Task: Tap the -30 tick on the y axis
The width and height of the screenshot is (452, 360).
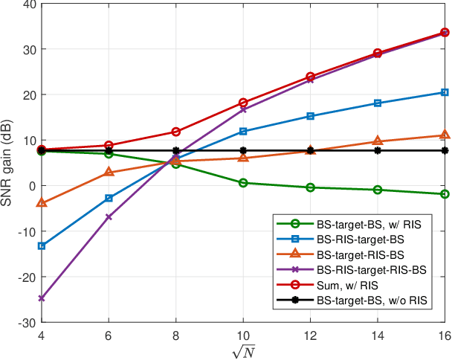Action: tap(26, 323)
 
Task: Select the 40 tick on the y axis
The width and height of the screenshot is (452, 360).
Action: tap(28, 4)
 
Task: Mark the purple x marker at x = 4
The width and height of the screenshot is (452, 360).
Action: tap(41, 298)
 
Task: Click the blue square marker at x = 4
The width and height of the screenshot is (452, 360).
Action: tap(41, 245)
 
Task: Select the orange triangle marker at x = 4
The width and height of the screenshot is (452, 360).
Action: tap(41, 202)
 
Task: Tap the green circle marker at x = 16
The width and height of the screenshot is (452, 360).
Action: tap(445, 194)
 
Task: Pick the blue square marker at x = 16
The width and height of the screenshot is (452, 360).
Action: tap(445, 92)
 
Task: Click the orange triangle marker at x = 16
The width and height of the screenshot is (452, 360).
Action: tap(445, 135)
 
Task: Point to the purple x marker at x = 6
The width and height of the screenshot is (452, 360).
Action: tap(109, 216)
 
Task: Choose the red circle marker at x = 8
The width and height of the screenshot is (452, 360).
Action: tap(175, 132)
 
